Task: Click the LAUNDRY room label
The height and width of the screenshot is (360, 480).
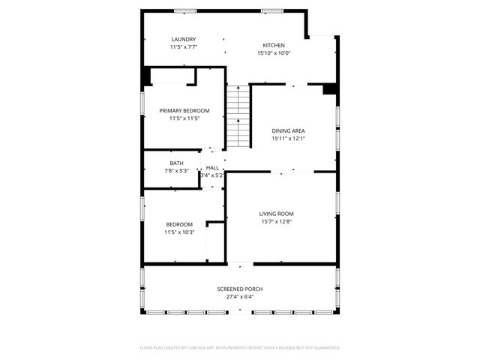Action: [x=184, y=40]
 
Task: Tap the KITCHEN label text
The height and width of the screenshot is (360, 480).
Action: [x=274, y=45]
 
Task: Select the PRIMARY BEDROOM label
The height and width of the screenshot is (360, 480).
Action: [x=184, y=110]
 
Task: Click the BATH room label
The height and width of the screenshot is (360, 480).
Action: [x=176, y=163]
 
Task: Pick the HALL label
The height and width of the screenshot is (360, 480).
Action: [x=212, y=167]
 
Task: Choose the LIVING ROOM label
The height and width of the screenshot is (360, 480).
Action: [x=277, y=214]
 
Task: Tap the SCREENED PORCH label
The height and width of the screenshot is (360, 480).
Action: [x=240, y=289]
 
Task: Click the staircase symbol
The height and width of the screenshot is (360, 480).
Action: [x=238, y=117]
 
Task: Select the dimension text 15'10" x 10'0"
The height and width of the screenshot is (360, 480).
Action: [x=274, y=53]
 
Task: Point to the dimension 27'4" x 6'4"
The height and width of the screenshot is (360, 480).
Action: [x=240, y=297]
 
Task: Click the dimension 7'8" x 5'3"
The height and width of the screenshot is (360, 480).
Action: [x=176, y=171]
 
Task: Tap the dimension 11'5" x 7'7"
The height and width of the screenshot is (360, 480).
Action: [x=184, y=48]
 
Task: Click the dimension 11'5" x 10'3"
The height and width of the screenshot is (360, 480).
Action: [x=179, y=232]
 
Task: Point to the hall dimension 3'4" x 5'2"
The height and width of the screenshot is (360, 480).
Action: [x=212, y=175]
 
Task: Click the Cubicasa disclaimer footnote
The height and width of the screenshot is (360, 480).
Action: [x=240, y=348]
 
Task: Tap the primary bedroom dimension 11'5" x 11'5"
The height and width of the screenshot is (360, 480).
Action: [x=184, y=118]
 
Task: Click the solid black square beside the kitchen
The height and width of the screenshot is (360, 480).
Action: [x=328, y=89]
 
